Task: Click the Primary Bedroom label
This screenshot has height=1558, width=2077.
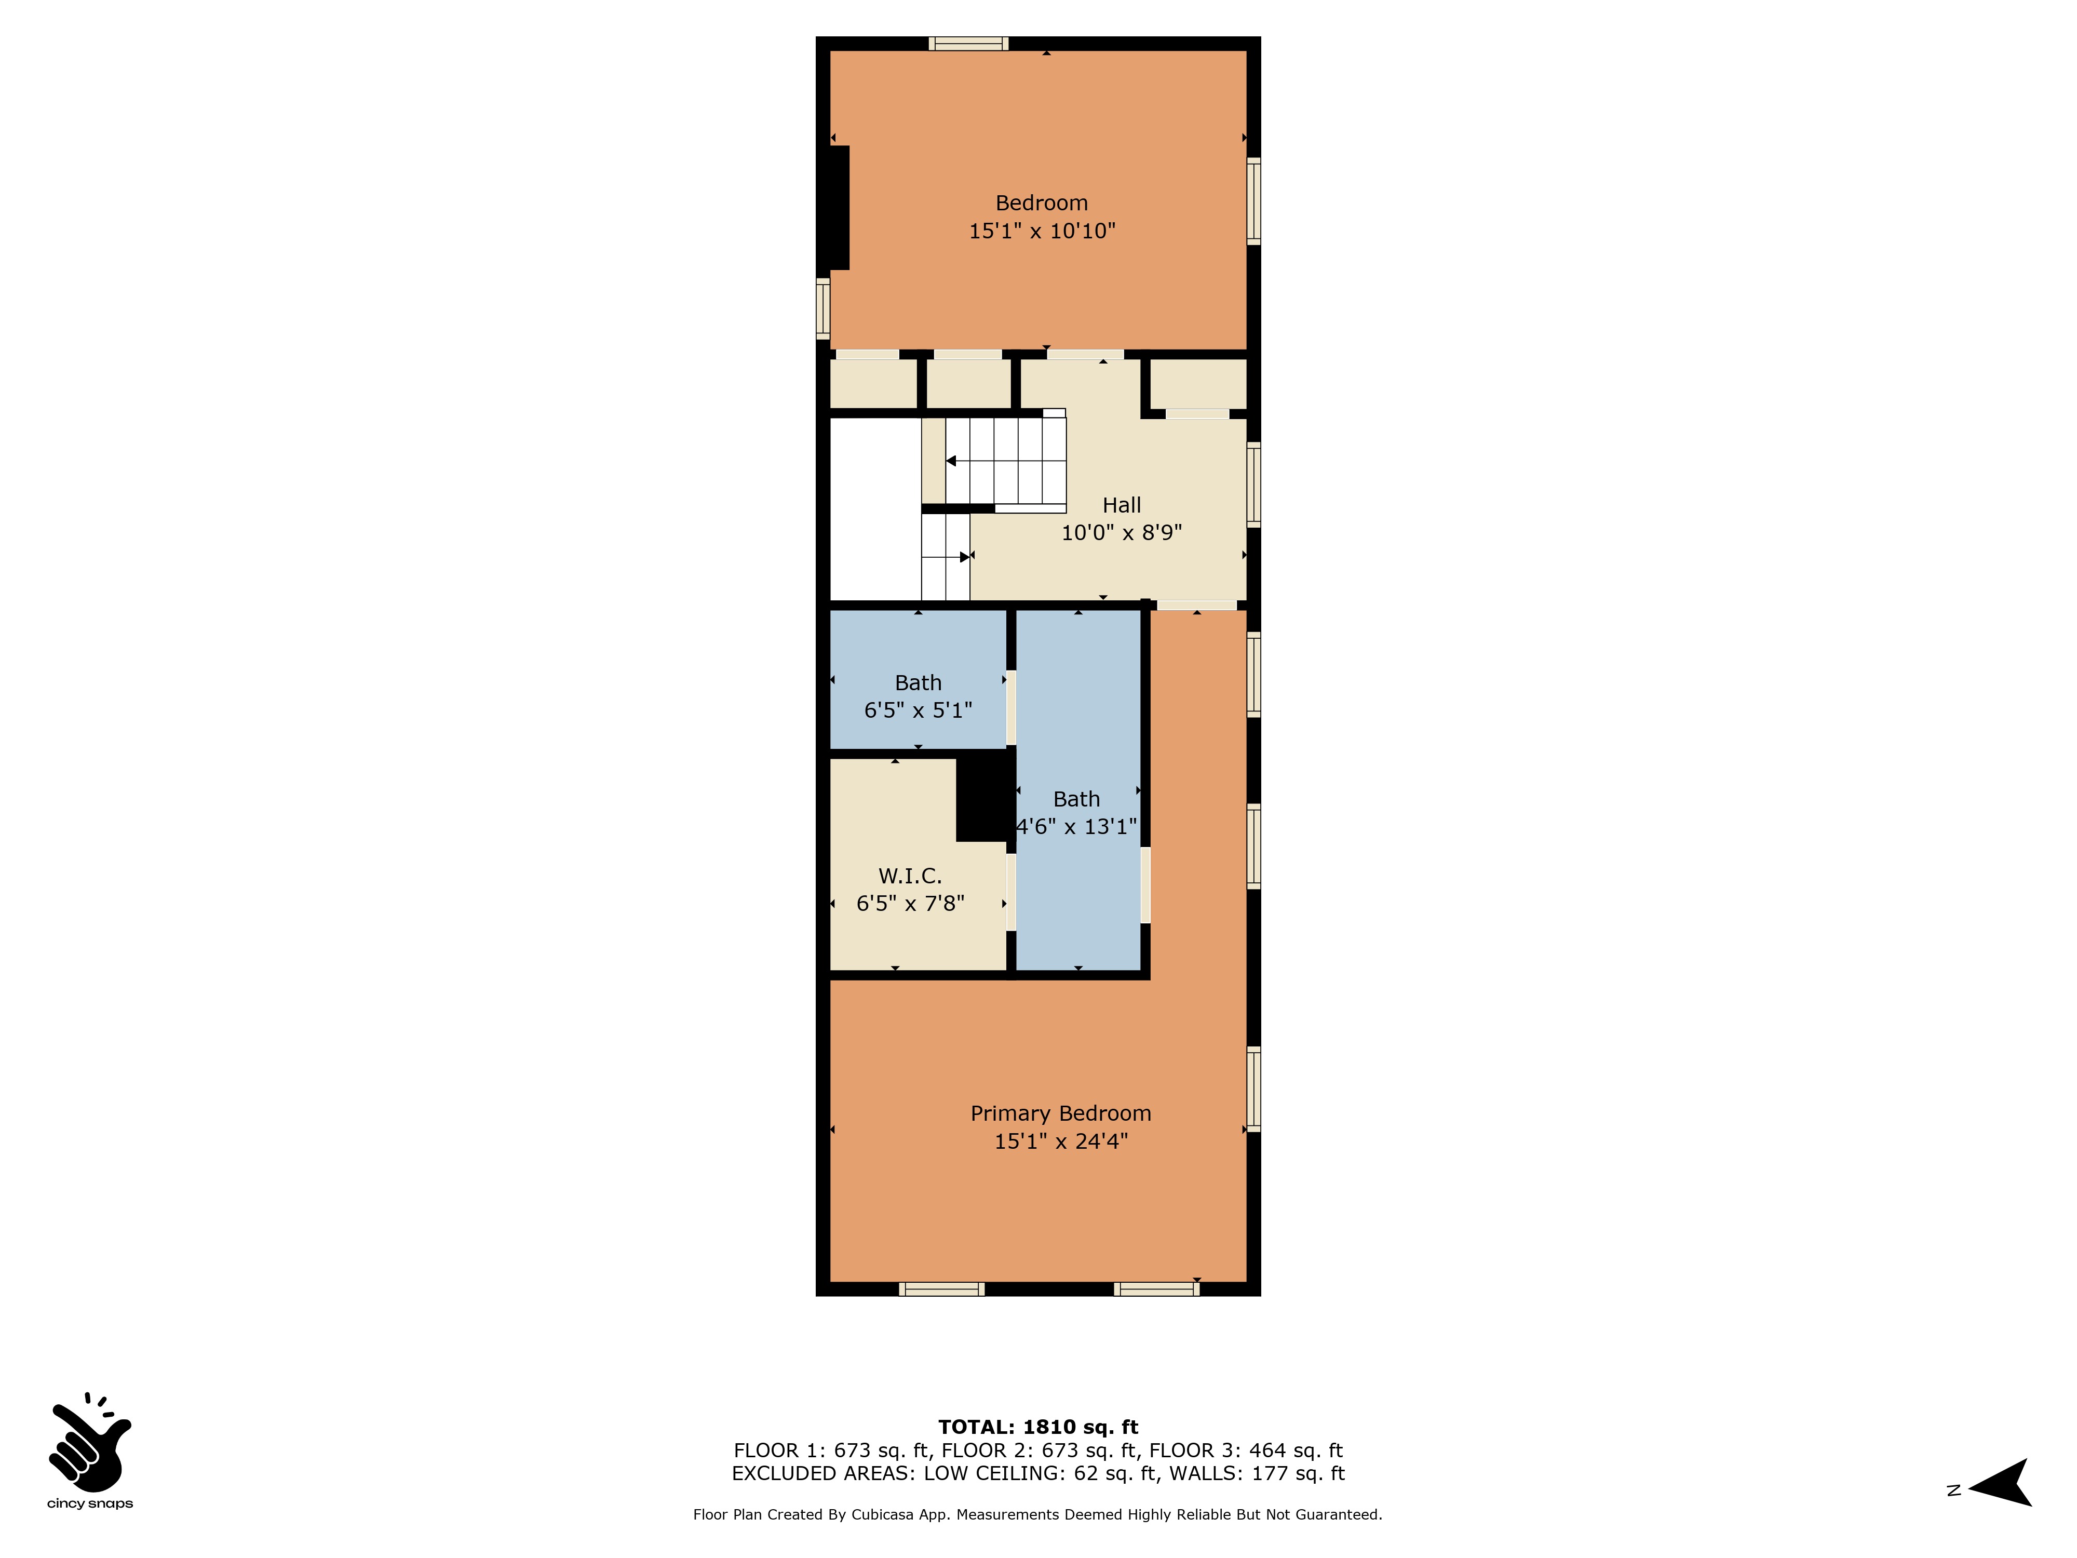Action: point(1060,1114)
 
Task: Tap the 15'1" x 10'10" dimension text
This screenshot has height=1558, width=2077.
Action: point(1042,231)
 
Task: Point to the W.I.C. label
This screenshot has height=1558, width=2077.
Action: point(910,876)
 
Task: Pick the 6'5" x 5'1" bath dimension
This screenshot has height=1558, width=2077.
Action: point(919,710)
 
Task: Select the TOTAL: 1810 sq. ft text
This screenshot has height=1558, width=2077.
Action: point(1038,1428)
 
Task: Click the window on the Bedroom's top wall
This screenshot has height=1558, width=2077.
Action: point(969,43)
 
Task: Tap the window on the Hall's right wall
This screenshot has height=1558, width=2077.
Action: point(1253,485)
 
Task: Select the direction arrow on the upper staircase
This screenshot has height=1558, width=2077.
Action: point(951,461)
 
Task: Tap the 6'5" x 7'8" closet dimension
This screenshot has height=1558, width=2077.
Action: point(910,904)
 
